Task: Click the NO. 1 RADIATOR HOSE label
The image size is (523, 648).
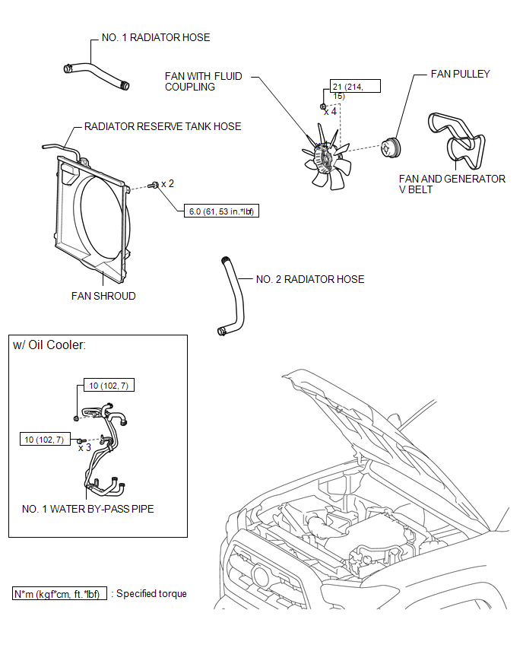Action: coord(156,37)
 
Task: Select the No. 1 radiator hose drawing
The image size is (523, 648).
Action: coord(97,75)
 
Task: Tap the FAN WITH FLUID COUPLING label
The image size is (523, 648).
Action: coord(203,81)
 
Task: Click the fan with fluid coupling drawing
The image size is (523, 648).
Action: coord(326,157)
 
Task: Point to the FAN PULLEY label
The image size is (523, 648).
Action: coord(460,74)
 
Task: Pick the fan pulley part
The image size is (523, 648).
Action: coord(391,148)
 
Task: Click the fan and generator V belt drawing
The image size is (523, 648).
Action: coord(457,141)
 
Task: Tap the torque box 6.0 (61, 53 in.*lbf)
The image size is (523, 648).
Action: coord(221,211)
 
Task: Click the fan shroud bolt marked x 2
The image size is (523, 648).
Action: coord(154,185)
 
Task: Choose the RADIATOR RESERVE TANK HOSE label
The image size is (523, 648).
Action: coord(163,126)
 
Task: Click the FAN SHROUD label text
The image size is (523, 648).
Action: coord(103,296)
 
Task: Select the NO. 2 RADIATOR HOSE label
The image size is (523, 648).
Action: coord(310,279)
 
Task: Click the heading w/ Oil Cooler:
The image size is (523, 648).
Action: coord(49,345)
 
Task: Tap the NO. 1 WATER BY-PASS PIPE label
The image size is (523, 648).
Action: coord(88,509)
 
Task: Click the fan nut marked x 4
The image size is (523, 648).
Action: coord(323,106)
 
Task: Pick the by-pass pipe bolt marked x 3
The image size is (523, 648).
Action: coord(81,441)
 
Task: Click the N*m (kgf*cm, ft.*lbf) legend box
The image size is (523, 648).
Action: coord(59,593)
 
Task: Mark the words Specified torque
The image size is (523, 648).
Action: coord(151,593)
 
